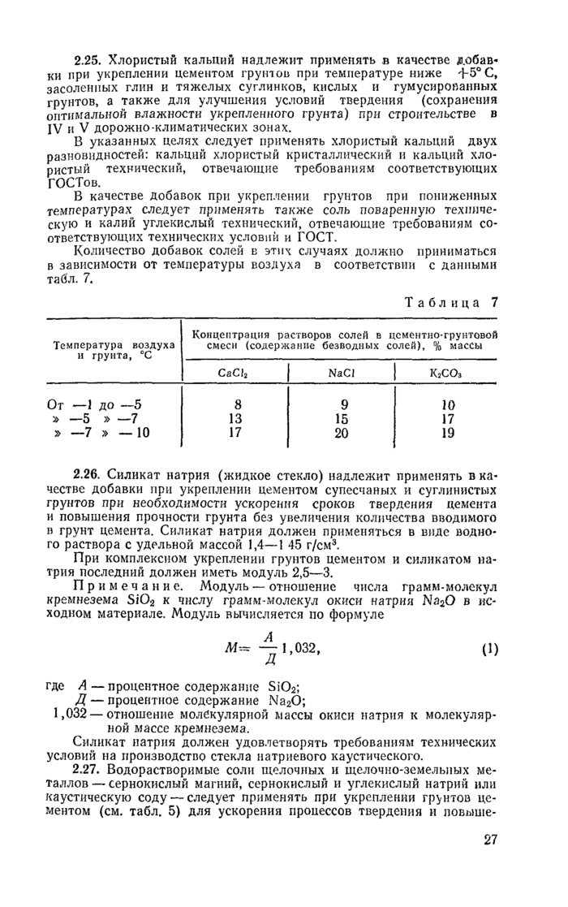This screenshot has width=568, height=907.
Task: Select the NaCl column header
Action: [340, 374]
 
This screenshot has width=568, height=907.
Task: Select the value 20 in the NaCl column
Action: [341, 433]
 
